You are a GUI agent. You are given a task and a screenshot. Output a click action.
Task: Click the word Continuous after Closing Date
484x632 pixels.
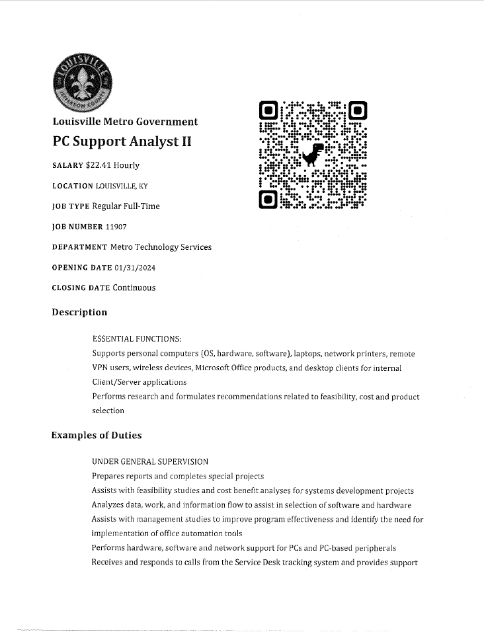(134, 288)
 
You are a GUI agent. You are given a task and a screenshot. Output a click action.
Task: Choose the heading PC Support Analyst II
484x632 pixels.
(122, 141)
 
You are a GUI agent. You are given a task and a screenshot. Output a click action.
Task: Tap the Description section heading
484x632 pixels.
(79, 312)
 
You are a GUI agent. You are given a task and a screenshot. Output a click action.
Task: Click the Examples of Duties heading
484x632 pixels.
(97, 435)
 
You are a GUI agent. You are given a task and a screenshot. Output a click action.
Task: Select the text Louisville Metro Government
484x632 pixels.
(124, 122)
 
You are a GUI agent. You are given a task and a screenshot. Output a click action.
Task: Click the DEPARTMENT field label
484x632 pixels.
(79, 247)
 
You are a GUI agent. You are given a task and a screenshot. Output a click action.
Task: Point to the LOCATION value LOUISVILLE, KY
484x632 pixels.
(122, 186)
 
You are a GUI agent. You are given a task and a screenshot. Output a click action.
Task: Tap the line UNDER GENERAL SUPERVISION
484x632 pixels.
(150, 461)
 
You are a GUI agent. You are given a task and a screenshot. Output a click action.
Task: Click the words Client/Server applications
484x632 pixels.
(139, 382)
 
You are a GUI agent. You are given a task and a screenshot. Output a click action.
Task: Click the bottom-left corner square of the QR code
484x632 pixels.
(268, 199)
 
